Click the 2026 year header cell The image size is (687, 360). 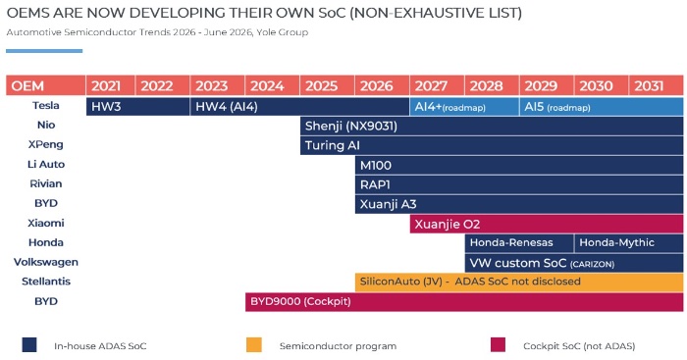pos(382,85)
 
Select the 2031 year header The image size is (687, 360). pos(657,85)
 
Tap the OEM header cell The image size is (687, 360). pos(45,85)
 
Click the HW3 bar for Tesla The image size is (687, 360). pos(138,107)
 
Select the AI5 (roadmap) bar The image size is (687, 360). pos(602,107)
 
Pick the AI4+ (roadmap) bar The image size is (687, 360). pos(464,107)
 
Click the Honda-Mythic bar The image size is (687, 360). pos(629,243)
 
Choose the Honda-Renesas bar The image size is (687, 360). pos(519,243)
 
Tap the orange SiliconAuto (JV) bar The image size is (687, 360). pos(519,283)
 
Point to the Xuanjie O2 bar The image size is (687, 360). pos(547,224)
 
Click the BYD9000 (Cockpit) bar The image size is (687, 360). pos(464,302)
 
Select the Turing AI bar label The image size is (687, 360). pos(332,145)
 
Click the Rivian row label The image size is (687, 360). pos(45,183)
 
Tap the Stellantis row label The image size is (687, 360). pos(46,282)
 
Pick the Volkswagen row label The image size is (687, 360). pos(46,262)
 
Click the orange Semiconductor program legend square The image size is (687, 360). pos(254,344)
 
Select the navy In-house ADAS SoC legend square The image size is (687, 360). pos(29,344)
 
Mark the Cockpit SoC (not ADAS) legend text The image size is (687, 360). pos(579,346)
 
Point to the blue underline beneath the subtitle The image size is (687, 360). pos(44,51)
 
